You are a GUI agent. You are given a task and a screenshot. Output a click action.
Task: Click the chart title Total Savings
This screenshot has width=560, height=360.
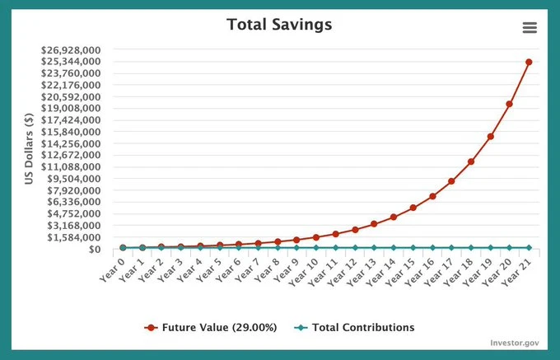pos(279,24)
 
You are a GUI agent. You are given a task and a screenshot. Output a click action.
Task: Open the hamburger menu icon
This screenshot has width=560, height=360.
pos(530,27)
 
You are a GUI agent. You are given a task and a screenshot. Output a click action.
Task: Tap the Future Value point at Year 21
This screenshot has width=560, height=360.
pos(529,62)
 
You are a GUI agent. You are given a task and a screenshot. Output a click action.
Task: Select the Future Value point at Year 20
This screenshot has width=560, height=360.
pos(510,104)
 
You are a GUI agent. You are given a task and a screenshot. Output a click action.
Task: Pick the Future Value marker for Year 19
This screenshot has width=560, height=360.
pos(490,137)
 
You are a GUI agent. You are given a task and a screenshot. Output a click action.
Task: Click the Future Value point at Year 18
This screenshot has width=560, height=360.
pos(471,161)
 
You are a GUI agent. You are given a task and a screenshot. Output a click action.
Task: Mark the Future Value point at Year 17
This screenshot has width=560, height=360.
pos(451,181)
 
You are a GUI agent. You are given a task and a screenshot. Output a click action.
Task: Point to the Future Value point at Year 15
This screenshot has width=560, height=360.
pos(413,208)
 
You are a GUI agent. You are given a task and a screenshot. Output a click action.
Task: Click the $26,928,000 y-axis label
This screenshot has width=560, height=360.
pos(71,49)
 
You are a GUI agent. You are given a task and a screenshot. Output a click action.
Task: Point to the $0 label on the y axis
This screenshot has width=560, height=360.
pos(94,250)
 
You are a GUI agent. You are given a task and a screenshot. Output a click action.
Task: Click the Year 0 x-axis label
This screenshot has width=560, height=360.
pos(112,266)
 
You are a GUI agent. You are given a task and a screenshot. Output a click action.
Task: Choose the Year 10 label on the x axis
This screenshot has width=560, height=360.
pos(304,268)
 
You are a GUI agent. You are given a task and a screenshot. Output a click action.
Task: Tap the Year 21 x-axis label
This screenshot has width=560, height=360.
pos(517,268)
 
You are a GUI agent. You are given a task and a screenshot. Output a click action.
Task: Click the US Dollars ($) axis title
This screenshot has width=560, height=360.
pos(29,148)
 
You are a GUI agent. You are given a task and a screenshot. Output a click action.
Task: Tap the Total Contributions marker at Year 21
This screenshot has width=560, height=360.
pos(529,247)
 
